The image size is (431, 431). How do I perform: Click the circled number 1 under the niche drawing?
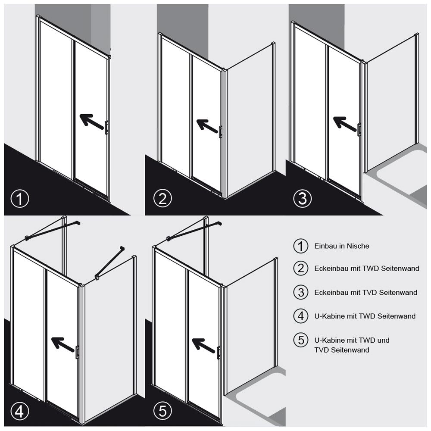(x=20, y=199)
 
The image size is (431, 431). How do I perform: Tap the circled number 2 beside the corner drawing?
(x=163, y=199)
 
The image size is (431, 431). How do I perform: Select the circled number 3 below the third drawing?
(x=303, y=199)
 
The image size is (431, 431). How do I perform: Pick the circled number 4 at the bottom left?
(x=20, y=412)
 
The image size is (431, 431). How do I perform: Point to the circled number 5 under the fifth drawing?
(x=163, y=412)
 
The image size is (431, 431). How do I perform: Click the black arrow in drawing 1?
(x=92, y=121)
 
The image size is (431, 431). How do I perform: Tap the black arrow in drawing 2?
(x=208, y=126)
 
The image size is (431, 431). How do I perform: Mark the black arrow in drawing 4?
(x=63, y=344)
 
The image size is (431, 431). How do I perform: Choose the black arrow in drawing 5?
(x=203, y=346)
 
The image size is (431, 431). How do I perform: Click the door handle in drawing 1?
(x=106, y=127)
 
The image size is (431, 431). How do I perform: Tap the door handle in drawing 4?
(x=77, y=352)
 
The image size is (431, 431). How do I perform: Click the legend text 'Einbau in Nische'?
(x=342, y=246)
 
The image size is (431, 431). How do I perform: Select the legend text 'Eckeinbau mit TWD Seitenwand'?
(x=367, y=268)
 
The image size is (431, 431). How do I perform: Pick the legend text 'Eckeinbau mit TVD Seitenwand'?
(x=366, y=293)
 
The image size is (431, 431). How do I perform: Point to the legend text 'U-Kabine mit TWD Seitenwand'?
(x=365, y=316)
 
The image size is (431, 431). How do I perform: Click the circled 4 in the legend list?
(x=301, y=316)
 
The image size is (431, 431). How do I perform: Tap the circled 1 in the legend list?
(x=301, y=246)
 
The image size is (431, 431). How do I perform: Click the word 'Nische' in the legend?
(x=358, y=246)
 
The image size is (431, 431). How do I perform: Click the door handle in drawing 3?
(x=359, y=130)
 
